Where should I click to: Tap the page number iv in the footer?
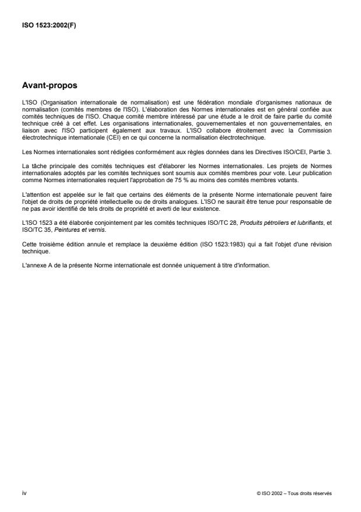coord(23,493)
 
